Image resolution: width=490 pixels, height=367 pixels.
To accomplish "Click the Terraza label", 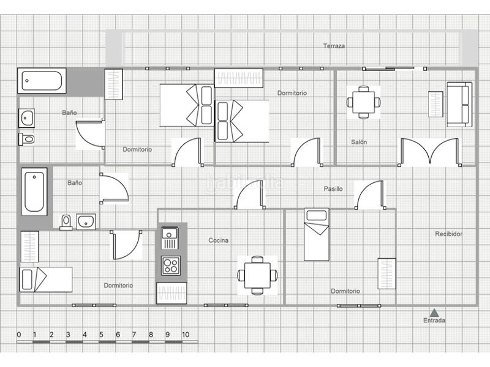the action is pos(334,46).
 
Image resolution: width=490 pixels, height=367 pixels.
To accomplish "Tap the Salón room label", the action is pos(359,142).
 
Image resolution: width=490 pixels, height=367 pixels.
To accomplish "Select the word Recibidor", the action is pos(448,234).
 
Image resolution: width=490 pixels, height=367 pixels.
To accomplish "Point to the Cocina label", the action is pos(219,240).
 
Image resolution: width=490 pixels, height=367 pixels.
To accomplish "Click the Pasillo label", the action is pos(333,189).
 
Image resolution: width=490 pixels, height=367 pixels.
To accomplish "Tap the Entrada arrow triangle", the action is pos(434,313).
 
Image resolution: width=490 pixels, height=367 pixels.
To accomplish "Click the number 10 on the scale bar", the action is pos(186,335).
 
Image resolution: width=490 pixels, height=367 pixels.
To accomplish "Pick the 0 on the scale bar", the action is pos(19,335).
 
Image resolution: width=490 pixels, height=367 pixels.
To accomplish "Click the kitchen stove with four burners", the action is pos(171,265).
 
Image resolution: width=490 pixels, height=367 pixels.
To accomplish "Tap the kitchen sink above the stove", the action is pos(170,238).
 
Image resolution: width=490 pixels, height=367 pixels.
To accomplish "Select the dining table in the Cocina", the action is pos(257,275).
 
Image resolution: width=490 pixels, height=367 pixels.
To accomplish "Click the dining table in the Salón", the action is pos(363,102).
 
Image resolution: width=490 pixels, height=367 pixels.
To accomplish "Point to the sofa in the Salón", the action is pos(459,105).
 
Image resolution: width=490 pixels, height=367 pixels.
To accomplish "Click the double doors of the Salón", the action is pos(430,152).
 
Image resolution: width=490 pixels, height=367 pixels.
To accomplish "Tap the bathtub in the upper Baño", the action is pos(42,81).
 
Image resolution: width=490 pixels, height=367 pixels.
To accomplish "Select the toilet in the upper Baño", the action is pos(26,139).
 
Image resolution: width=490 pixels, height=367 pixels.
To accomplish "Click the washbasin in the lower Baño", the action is pos(86,221).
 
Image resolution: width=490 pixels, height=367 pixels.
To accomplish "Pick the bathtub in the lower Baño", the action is pos(34,191).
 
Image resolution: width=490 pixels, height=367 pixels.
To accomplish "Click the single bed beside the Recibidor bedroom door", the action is pos(317,234).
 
